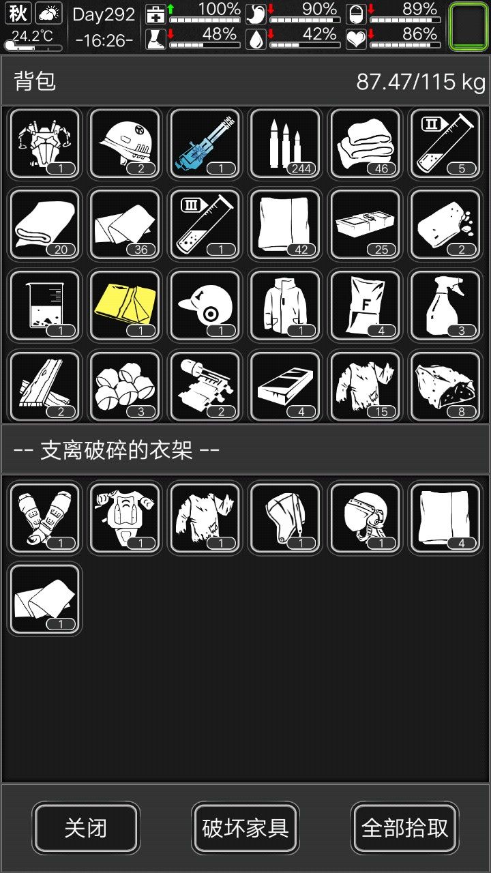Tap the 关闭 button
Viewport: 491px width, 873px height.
point(85,827)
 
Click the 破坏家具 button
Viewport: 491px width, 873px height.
point(245,827)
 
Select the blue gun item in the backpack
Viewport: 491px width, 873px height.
point(205,144)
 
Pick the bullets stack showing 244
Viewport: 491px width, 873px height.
point(285,144)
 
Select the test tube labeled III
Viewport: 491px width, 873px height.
point(205,225)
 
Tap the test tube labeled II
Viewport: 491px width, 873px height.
point(445,144)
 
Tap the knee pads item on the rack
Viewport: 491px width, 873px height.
point(45,518)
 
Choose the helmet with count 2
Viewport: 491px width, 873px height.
point(125,144)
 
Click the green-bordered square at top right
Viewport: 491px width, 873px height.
point(468,27)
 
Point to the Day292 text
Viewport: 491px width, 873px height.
point(104,15)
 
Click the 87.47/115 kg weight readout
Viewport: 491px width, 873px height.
point(421,82)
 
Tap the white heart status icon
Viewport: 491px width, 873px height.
point(356,40)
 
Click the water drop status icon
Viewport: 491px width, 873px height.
point(256,40)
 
